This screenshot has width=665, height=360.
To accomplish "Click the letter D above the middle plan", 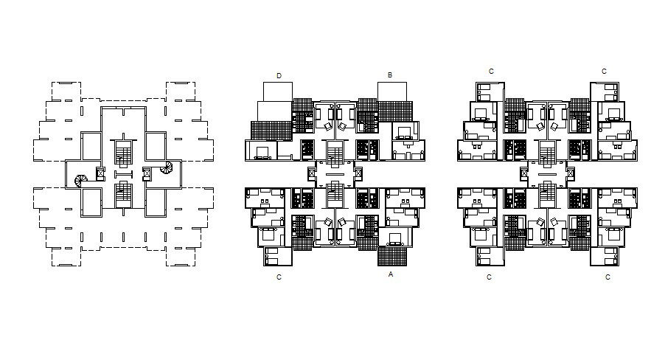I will pos(279,75).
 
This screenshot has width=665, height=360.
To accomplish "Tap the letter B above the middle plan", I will pos(389,75).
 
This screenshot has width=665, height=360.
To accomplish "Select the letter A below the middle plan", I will pos(390,274).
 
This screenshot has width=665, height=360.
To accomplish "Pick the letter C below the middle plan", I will pos(279,277).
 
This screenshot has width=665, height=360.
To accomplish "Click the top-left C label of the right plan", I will pos(492,72).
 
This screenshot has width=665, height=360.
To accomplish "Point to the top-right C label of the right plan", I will pos(604,72).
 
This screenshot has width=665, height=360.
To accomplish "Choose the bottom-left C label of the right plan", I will pos(490,277).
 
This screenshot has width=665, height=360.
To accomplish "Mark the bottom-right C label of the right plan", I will pos(607,277).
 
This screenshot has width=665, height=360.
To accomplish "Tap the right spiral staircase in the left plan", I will pos(168,169).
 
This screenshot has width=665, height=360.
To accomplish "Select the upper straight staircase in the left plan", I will pos(122,153).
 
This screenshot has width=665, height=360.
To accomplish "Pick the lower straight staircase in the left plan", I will pos(122,193).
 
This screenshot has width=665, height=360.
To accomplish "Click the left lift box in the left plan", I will pos(101,174).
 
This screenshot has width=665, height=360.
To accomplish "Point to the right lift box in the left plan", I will pos(146,174).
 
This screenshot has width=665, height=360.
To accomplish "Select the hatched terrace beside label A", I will pos(391,255).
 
